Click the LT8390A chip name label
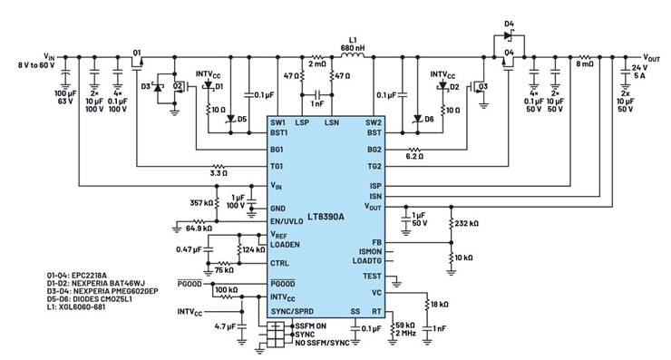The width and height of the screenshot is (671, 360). (x=326, y=217)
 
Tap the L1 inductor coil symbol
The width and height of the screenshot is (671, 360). (x=353, y=55)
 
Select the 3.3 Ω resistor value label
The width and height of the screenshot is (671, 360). (x=219, y=173)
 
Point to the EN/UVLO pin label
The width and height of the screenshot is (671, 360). (x=287, y=221)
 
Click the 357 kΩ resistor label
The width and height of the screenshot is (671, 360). (x=201, y=202)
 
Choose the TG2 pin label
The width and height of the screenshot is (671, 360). (x=374, y=166)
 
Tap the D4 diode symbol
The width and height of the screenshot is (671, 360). (x=509, y=36)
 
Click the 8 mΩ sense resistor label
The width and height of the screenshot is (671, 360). (x=585, y=64)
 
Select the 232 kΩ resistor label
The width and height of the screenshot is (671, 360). (x=466, y=223)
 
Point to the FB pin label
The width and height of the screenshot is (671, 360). (x=376, y=242)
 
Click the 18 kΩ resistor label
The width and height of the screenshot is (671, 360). (x=439, y=305)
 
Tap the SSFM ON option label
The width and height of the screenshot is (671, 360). (x=311, y=326)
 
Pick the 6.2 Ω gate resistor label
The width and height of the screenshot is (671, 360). (x=414, y=157)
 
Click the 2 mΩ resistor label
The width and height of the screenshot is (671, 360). (x=317, y=64)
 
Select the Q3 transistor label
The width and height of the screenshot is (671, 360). (x=482, y=86)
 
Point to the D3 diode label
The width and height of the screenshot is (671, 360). (x=146, y=86)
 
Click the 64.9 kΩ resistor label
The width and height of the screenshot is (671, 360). (x=199, y=229)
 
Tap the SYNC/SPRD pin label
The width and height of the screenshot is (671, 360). (x=292, y=311)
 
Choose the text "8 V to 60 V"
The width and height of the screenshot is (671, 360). (x=36, y=65)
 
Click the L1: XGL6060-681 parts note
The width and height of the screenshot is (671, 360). (x=76, y=306)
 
